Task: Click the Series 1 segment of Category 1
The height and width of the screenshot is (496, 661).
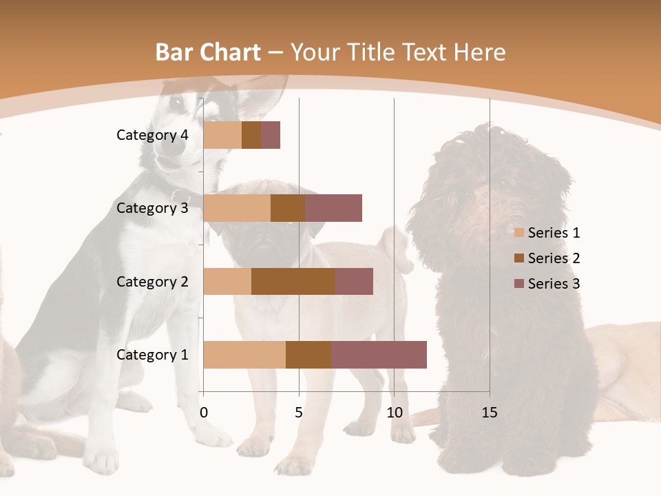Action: point(244,355)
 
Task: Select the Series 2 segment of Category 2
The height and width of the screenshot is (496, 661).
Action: point(293,281)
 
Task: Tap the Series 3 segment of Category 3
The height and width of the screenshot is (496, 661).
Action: point(333,208)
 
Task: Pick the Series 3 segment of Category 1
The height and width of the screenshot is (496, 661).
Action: point(379,355)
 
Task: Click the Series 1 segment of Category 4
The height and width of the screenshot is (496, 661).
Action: point(222,135)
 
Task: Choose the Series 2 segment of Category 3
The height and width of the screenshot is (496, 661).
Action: point(288,208)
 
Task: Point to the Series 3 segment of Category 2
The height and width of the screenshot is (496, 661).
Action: point(354,281)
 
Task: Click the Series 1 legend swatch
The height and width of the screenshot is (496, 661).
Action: point(518,233)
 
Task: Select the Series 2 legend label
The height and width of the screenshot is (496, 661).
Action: point(554,258)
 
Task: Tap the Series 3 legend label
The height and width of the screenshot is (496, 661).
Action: point(554,284)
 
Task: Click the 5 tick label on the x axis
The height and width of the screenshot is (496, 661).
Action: point(299,413)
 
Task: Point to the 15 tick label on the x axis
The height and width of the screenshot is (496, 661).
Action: point(489,413)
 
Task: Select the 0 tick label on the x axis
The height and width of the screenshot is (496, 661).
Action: point(204,413)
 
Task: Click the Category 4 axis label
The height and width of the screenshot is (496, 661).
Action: point(152,135)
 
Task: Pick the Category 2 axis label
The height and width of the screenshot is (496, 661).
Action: point(152,281)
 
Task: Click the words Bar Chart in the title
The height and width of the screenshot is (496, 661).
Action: point(208,52)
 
